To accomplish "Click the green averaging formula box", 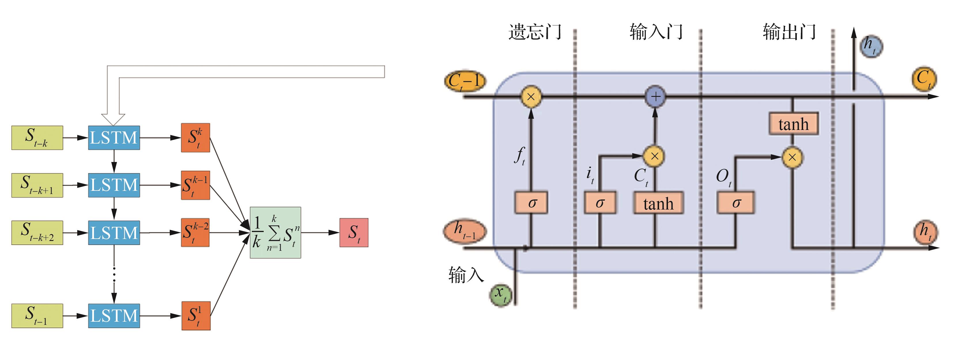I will (275, 232).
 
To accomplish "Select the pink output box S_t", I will (354, 232).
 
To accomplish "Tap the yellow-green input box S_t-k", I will (37, 138).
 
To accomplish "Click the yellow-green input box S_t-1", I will (37, 316).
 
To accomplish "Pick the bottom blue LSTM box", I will (114, 316).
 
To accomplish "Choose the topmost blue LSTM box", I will (114, 138).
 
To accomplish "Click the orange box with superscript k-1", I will (195, 185).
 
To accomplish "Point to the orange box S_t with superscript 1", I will (196, 316).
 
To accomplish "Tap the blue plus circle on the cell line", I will (655, 97).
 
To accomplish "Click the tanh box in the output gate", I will (793, 124).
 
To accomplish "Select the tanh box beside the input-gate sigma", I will (658, 203).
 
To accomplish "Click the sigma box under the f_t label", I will (531, 202).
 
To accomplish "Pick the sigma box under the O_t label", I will (735, 202).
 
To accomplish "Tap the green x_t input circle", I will (501, 295).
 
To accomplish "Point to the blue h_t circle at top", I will (871, 46).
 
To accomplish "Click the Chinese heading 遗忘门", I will (535, 32).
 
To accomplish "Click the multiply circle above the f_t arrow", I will (531, 97).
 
